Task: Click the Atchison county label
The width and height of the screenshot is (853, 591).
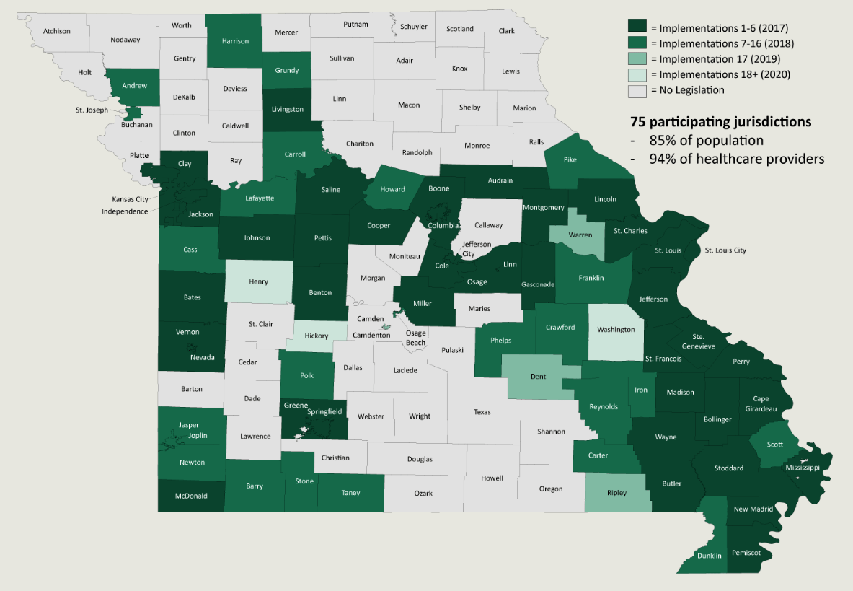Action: click(x=57, y=31)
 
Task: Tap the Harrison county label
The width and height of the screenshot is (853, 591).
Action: click(x=235, y=41)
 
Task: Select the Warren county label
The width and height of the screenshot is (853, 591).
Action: click(x=580, y=235)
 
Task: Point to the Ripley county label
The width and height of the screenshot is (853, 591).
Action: click(x=616, y=494)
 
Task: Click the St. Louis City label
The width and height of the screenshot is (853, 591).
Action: click(x=725, y=250)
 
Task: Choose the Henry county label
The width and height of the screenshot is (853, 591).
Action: click(x=258, y=282)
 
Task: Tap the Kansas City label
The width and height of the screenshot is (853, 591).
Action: click(x=130, y=199)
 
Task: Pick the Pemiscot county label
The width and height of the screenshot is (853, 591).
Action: click(x=747, y=553)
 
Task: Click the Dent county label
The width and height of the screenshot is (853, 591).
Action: click(x=538, y=377)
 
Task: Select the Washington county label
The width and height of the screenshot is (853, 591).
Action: click(x=616, y=330)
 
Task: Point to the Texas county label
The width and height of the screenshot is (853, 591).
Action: click(x=482, y=412)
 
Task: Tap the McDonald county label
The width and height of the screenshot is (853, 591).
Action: click(x=192, y=496)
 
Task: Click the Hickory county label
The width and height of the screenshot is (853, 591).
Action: click(x=317, y=336)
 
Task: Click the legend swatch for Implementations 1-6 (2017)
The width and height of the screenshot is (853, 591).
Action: click(x=637, y=27)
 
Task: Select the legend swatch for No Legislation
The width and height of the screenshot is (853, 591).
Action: click(x=637, y=91)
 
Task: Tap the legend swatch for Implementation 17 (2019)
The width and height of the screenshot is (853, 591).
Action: click(x=637, y=59)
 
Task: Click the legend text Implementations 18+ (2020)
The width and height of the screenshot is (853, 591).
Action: click(x=722, y=75)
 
